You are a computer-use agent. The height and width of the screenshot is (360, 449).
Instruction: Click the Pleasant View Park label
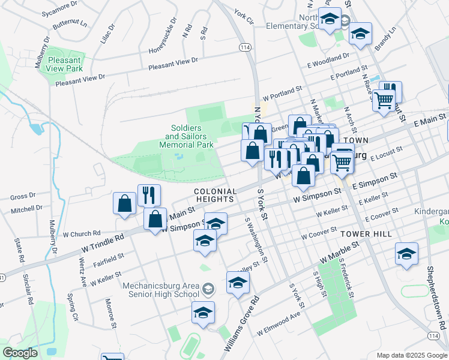pos(65,64)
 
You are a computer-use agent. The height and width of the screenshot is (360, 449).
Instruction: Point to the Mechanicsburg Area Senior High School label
pos(161,290)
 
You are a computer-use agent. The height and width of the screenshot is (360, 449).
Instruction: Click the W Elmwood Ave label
pos(278,323)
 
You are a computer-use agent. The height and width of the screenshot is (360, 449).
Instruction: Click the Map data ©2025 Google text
pos(411,355)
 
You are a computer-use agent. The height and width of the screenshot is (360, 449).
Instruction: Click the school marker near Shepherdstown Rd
pos(406,253)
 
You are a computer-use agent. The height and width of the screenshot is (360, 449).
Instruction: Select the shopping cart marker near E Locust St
pos(342,161)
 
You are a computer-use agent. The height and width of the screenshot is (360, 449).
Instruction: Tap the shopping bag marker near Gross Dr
pos(124,202)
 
